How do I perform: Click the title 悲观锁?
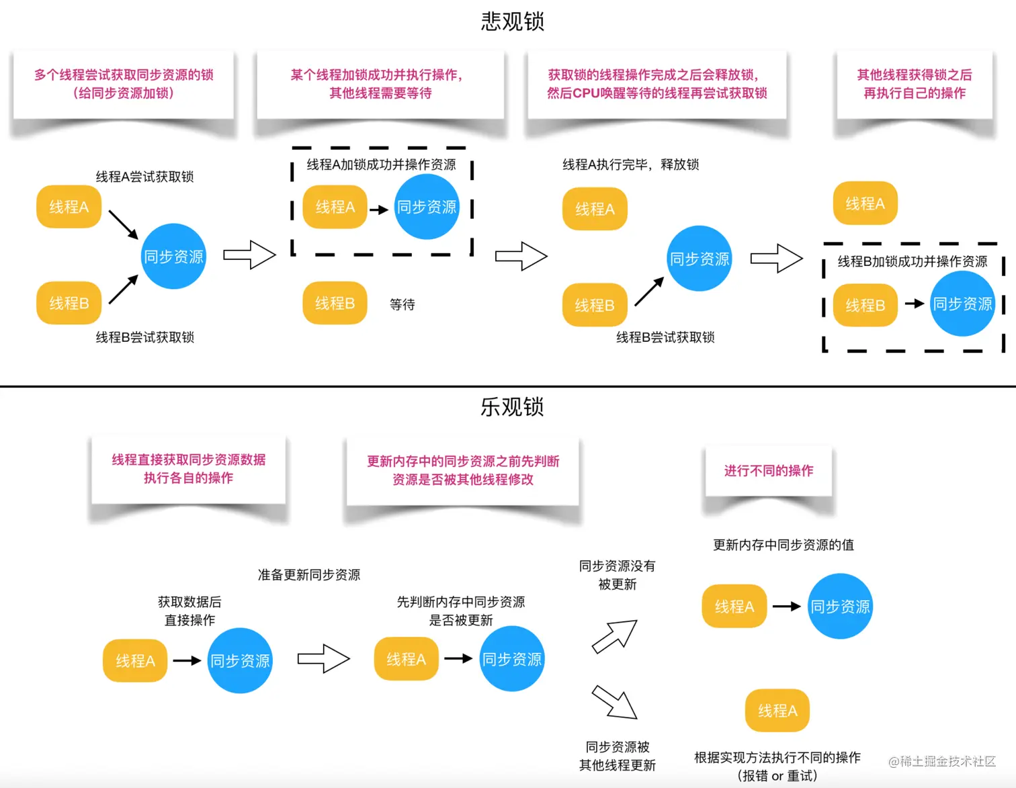pos(512,21)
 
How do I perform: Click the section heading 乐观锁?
pos(512,406)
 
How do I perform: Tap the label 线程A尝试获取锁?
pos(144,177)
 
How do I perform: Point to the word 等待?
pos(403,304)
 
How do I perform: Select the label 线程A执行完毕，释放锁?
pos(630,165)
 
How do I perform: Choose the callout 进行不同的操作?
pos(768,471)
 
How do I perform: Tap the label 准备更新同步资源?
pos(309,575)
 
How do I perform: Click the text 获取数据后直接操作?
pos(189,611)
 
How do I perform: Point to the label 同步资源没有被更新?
pos(617,575)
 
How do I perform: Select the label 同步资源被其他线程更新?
pos(617,756)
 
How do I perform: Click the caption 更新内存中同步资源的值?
pos(784,545)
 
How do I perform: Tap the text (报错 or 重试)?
pos(777,776)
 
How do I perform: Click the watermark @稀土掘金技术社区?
pos(942,761)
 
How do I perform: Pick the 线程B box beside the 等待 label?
pos(335,304)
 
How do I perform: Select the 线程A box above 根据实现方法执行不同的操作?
pos(777,710)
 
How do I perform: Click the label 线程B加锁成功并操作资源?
pos(912,261)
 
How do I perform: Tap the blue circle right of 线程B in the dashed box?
pos(962,304)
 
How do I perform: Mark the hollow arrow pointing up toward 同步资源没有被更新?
pos(615,636)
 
